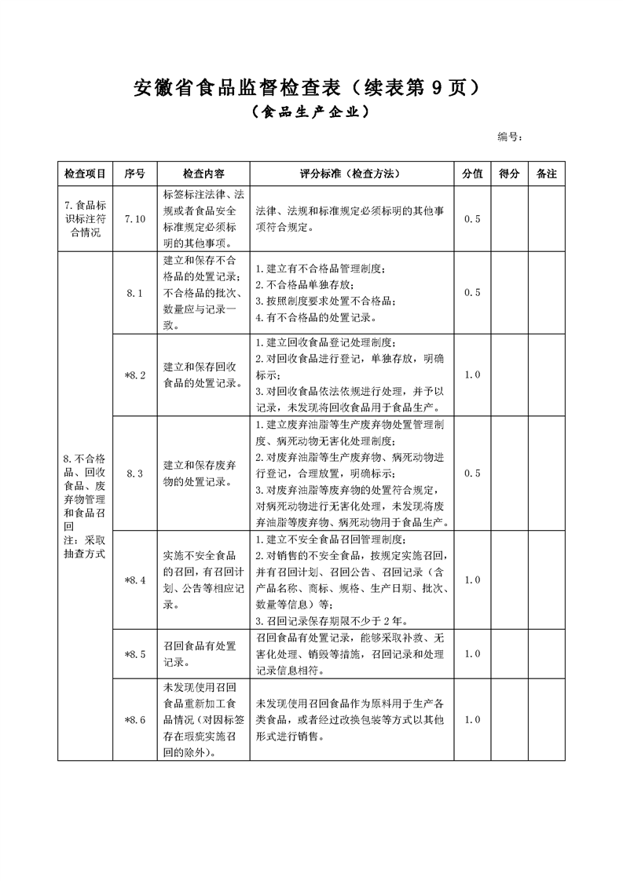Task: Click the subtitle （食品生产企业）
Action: pos(311,113)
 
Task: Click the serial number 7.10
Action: pos(135,219)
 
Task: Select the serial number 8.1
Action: pos(134,293)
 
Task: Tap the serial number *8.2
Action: pos(134,375)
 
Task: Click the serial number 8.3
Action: pos(134,473)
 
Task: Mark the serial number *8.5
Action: pos(134,653)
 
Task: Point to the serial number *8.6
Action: pos(134,719)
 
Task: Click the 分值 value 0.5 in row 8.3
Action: pos(472,473)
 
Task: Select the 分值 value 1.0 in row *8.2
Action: pos(472,375)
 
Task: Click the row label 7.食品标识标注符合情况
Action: pos(86,219)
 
